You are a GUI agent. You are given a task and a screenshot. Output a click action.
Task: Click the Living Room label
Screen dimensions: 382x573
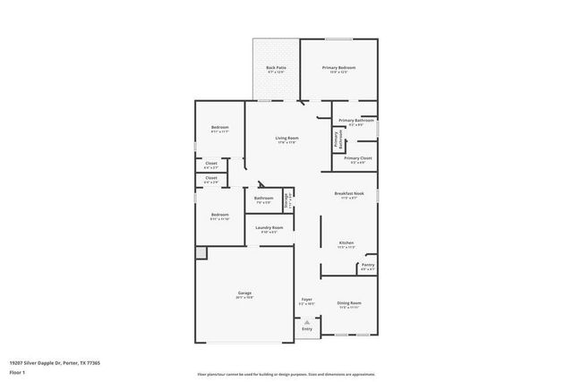tap(286, 139)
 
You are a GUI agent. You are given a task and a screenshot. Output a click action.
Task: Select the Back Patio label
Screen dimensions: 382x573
tap(276, 68)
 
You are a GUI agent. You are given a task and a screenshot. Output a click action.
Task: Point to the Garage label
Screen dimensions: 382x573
tap(244, 293)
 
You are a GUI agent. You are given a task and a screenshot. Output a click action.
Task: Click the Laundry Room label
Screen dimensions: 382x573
tap(269, 228)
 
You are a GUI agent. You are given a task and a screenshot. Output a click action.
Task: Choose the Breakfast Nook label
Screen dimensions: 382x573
tap(349, 195)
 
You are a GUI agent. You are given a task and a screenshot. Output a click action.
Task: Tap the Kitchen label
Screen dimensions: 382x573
tap(346, 242)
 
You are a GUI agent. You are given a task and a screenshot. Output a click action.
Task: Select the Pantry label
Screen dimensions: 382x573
tap(368, 265)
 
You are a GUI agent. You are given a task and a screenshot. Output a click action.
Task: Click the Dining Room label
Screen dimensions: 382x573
tap(349, 303)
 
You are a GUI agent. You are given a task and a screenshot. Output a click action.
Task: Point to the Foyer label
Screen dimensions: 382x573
tap(306, 300)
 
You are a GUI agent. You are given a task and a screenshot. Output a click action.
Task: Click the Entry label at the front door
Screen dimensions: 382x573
tap(307, 328)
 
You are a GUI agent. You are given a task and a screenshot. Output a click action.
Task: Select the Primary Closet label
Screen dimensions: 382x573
tap(357, 158)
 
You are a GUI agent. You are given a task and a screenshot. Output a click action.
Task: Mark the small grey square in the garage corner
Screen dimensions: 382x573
tap(201, 253)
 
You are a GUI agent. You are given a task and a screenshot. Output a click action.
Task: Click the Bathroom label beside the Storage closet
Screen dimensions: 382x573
tap(263, 199)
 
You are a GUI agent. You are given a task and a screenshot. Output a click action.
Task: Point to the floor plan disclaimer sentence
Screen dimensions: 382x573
tap(286, 373)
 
